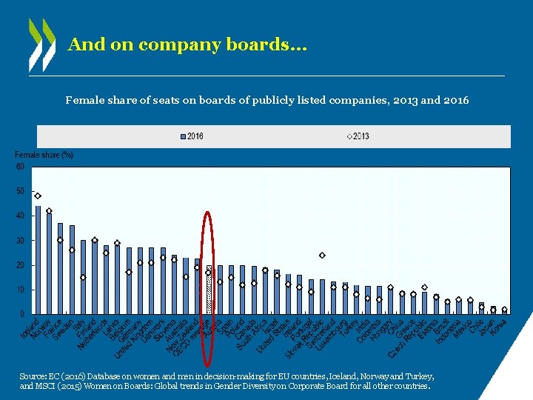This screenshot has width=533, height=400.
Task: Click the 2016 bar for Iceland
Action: click(38, 260)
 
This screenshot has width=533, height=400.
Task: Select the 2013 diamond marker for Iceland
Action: click(38, 196)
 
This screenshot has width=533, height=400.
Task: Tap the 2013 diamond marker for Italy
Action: click(83, 278)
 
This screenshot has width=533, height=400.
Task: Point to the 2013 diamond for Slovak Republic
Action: click(299, 287)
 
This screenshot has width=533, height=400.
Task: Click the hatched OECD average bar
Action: click(209, 290)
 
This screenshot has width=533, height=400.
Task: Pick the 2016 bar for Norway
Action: click(49, 264)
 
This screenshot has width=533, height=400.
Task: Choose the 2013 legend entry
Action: click(358, 136)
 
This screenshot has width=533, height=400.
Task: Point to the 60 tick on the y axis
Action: click(20, 167)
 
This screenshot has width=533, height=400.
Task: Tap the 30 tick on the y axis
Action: click(20, 241)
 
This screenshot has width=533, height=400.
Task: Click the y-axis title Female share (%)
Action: click(44, 155)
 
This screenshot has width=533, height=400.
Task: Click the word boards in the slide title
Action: click(262, 44)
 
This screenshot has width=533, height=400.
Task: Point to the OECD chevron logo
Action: click(41, 44)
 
